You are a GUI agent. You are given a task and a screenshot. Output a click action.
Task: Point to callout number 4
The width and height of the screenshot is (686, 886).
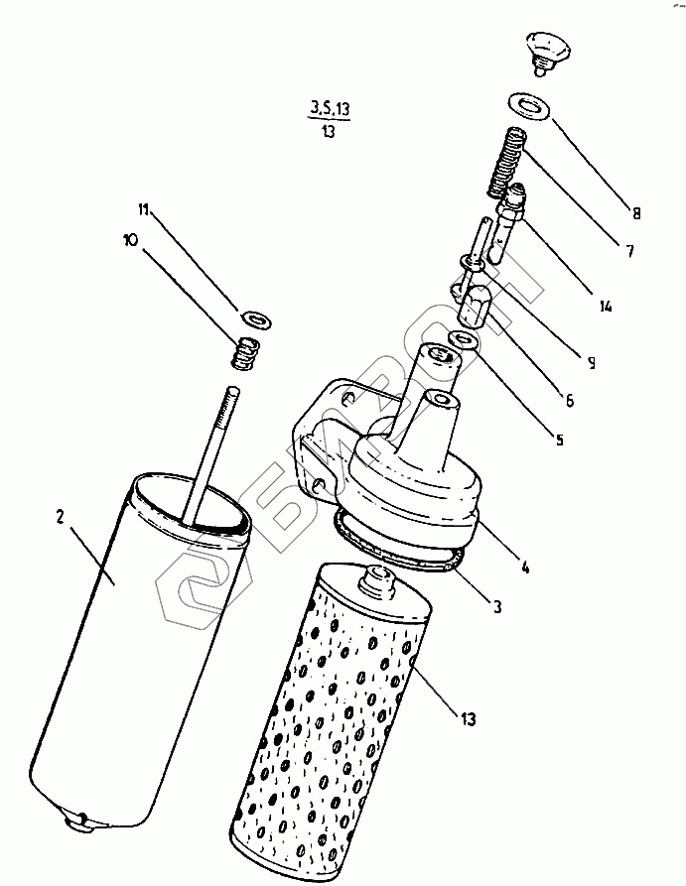(x=525, y=569)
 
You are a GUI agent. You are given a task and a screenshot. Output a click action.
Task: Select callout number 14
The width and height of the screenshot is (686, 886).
(x=607, y=306)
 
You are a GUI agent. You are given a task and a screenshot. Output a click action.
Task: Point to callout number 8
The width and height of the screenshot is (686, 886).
(x=637, y=211)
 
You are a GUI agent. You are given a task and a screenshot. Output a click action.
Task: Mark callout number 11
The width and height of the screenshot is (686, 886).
(x=144, y=209)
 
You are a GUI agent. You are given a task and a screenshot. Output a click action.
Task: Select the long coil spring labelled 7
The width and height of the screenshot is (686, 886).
(x=507, y=161)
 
